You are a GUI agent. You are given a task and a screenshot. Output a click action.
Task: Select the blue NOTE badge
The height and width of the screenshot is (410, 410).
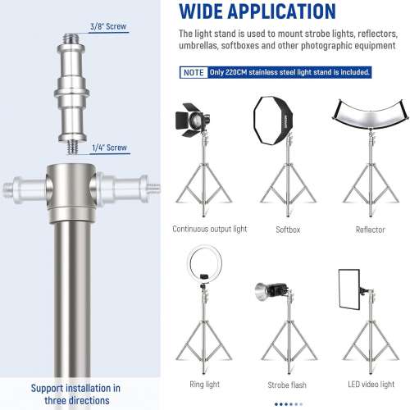(194, 72)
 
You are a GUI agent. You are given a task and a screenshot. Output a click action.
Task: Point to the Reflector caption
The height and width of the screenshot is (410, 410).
(369, 230)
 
